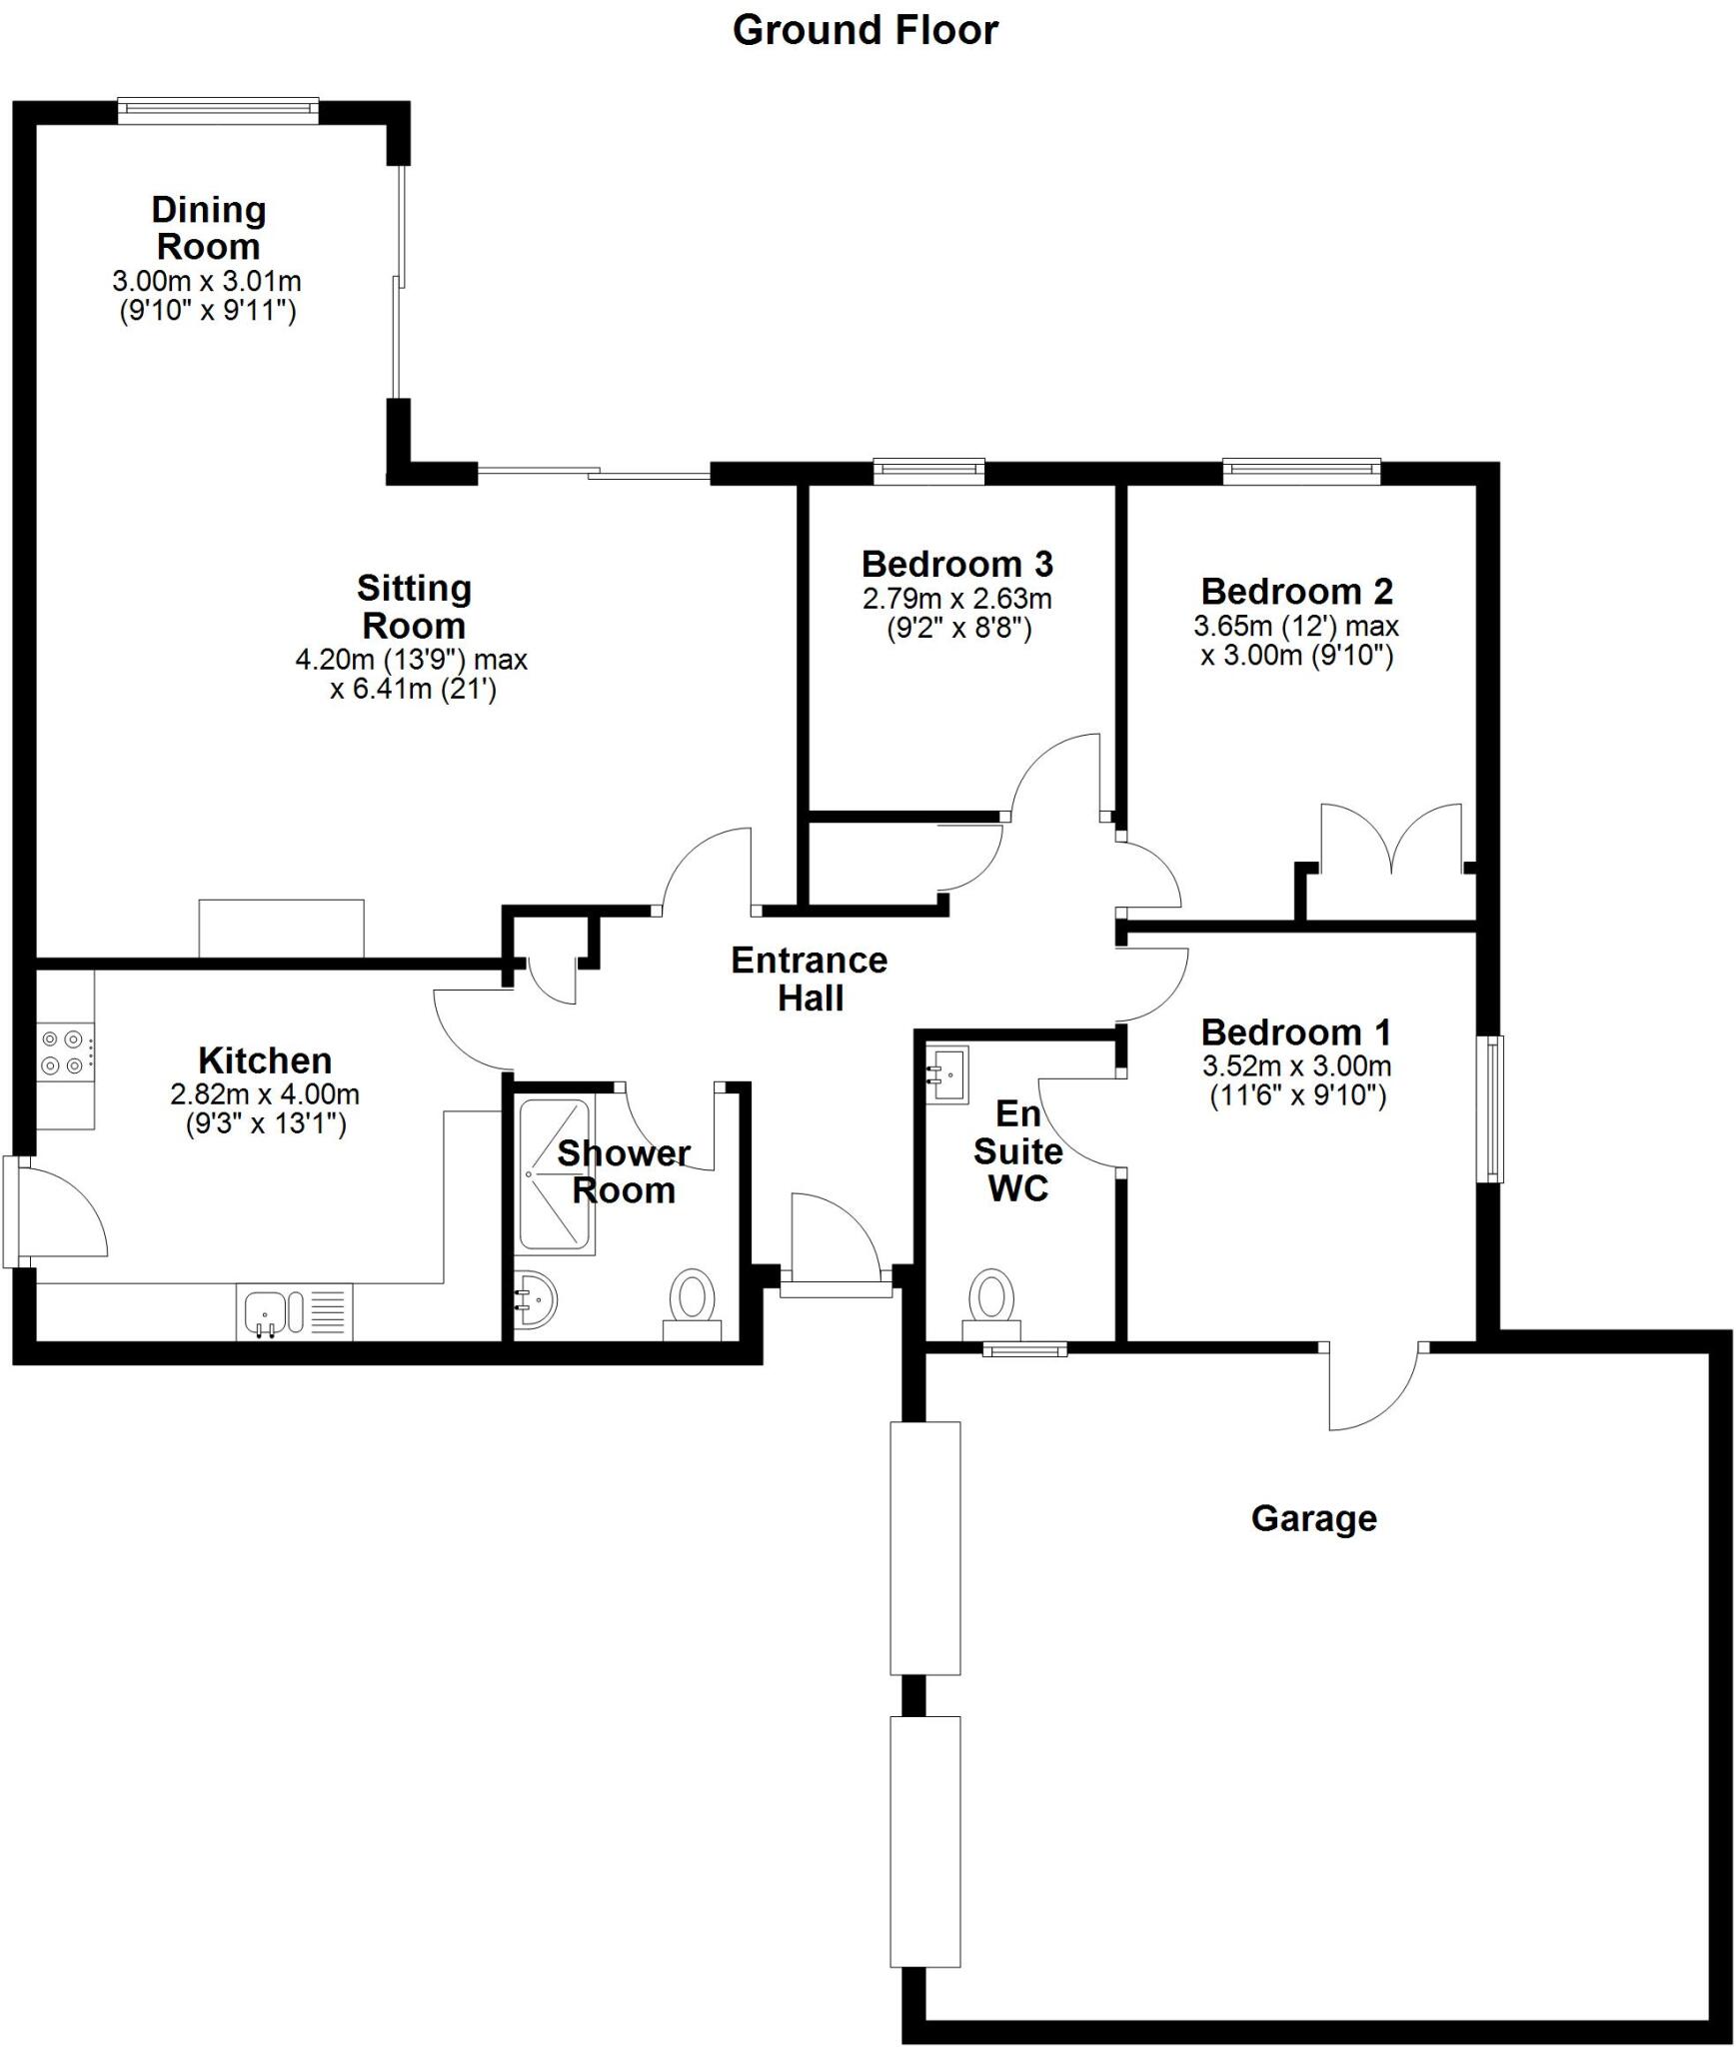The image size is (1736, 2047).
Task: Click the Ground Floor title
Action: (866, 30)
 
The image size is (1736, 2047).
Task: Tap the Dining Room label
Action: (208, 228)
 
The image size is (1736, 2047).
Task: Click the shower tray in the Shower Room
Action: (556, 1176)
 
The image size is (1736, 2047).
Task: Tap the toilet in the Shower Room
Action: (693, 1304)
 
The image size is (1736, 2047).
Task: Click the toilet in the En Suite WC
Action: (991, 1304)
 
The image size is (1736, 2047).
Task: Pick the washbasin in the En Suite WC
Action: (946, 1074)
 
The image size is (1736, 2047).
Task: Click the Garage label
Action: (1313, 1518)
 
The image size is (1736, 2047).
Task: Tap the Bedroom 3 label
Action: (956, 564)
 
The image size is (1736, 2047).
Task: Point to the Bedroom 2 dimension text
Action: (1296, 641)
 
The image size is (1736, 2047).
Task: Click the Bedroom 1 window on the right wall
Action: (1494, 1108)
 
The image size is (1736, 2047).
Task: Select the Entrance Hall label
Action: (810, 979)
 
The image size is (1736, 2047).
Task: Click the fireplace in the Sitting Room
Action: (281, 929)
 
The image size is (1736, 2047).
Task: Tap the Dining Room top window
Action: (218, 110)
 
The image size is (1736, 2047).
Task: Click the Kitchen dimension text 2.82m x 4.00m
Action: (265, 1094)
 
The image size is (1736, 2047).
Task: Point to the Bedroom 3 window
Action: (928, 471)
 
